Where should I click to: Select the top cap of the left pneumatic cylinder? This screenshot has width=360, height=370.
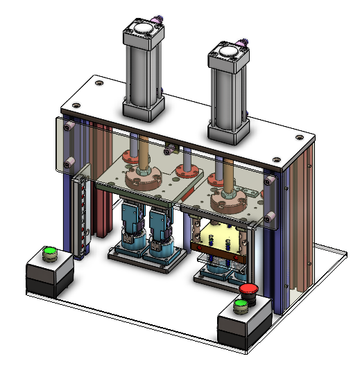pyautogui.click(x=144, y=30)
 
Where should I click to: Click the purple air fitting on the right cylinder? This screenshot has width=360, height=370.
pyautogui.click(x=245, y=44)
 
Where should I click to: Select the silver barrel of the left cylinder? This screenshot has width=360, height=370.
pyautogui.click(x=143, y=70)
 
